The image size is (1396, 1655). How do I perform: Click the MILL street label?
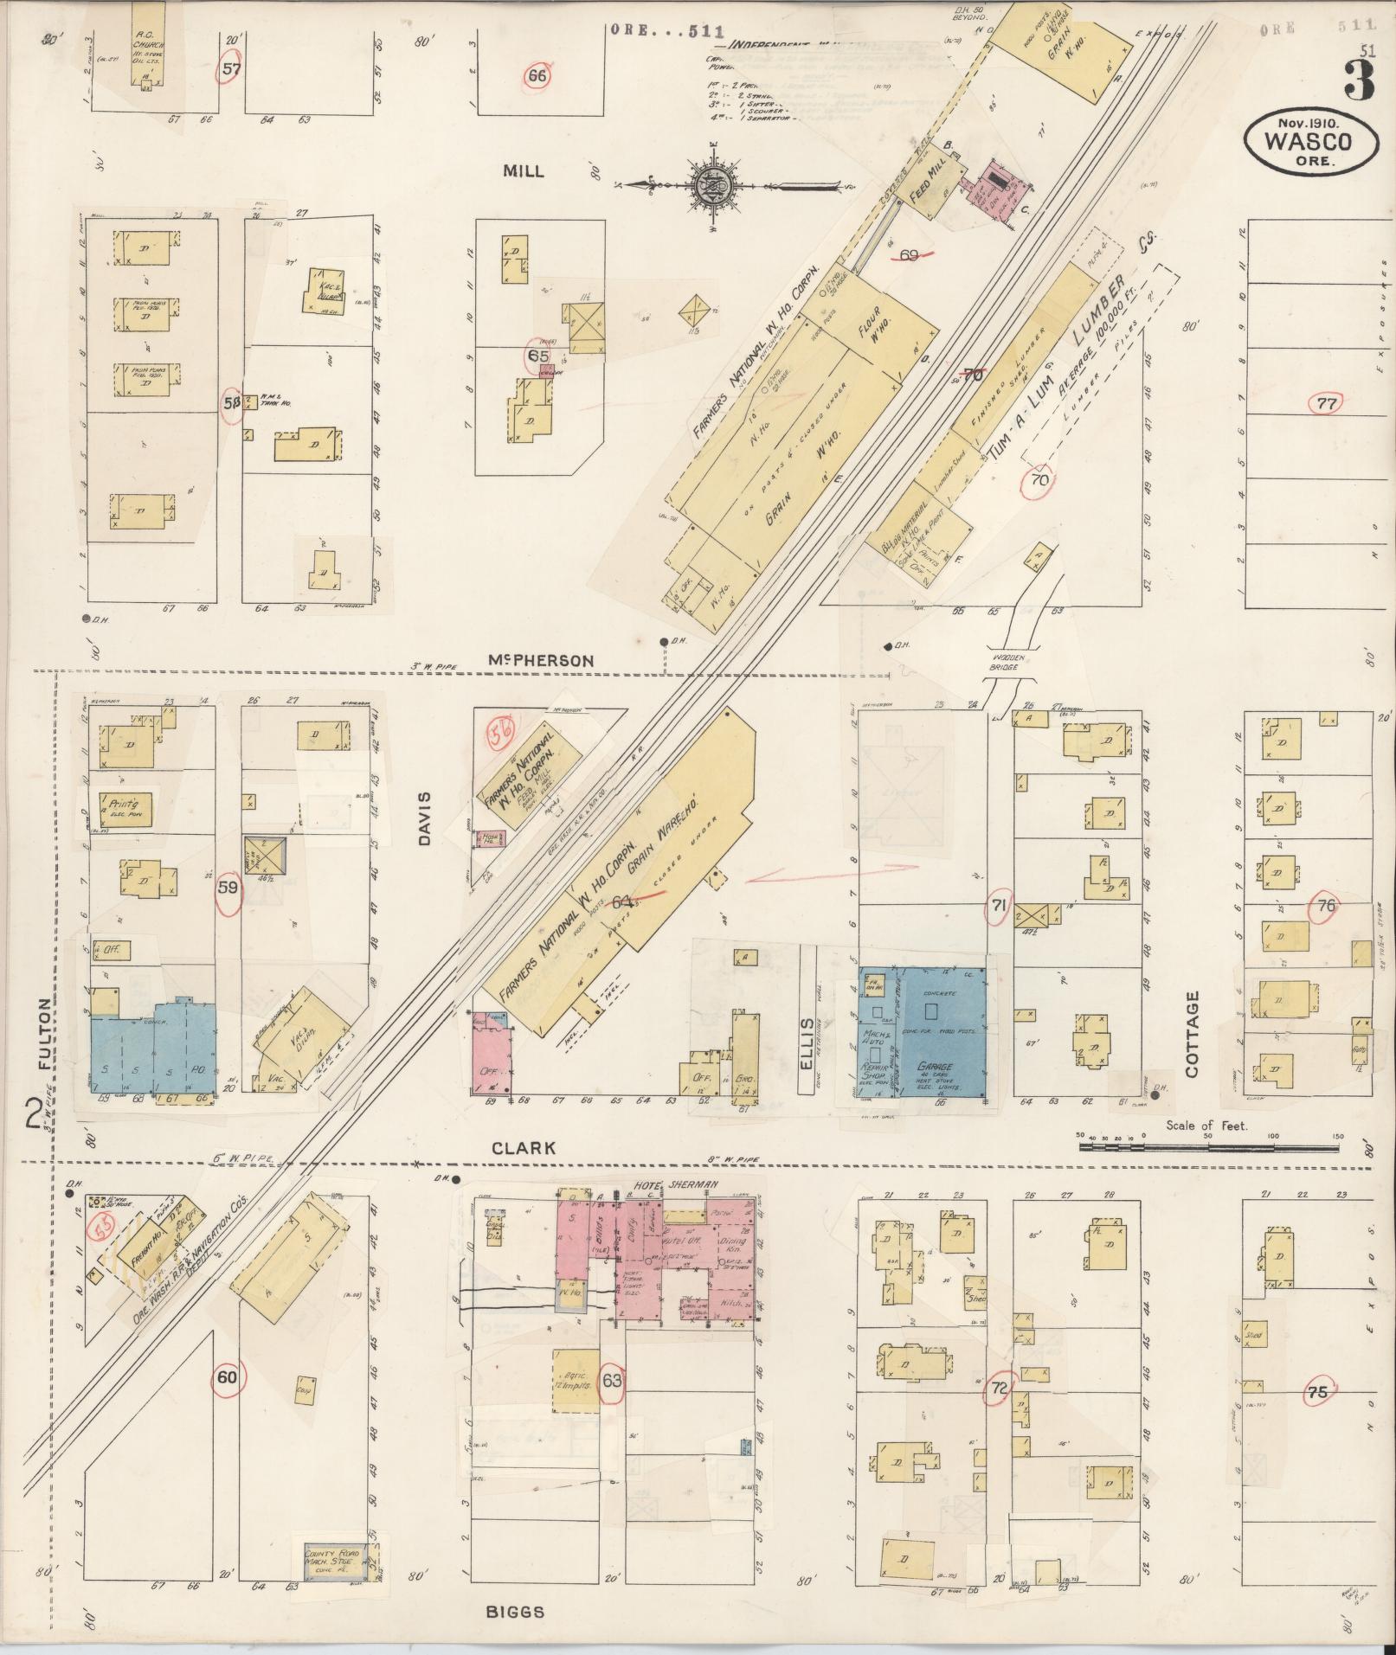524,171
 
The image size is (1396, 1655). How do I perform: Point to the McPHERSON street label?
539,660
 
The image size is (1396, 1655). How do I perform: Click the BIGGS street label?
515,1611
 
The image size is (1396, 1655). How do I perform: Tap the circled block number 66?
537,76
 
